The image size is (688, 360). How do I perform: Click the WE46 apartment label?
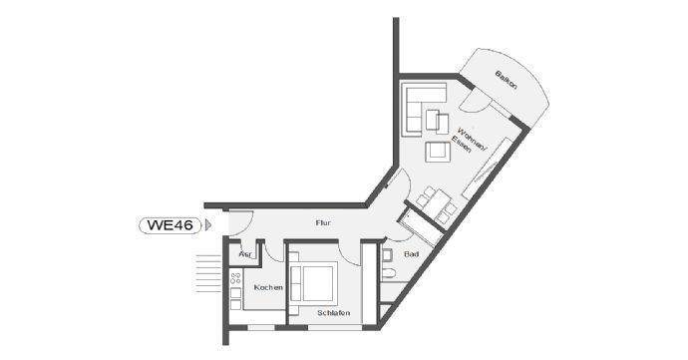170,224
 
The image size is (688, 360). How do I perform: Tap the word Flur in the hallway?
322,223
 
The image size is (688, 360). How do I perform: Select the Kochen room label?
267,287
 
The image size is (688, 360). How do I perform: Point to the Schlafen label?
332,312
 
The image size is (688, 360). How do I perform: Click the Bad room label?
411,255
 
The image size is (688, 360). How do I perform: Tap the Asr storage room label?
244,255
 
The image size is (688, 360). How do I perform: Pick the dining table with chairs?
437,202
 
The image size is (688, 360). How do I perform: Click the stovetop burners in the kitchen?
236,285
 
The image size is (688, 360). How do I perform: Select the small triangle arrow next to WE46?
207,225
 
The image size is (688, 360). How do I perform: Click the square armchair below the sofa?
436,151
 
